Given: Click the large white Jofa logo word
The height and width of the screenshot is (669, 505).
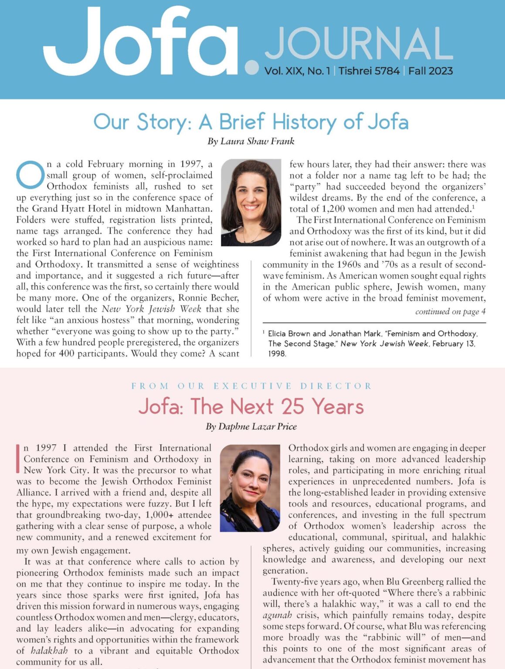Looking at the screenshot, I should click(x=139, y=44).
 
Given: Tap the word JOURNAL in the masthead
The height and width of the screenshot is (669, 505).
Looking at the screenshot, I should click(x=359, y=44).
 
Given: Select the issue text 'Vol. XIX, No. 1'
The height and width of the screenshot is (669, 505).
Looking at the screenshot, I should click(x=297, y=71).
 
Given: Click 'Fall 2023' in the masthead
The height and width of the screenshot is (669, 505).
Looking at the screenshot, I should click(x=430, y=71).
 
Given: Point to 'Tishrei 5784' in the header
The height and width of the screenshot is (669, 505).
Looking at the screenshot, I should click(x=369, y=71).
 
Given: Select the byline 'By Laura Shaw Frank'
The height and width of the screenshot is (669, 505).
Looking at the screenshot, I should click(x=251, y=141).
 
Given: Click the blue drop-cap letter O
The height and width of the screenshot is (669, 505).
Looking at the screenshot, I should click(x=30, y=175).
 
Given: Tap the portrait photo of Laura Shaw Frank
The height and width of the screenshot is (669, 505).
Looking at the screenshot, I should click(x=251, y=202).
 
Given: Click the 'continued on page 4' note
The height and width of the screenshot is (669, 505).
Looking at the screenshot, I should click(x=450, y=311).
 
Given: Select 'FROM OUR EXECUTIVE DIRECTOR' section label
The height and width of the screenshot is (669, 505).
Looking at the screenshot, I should click(x=251, y=386).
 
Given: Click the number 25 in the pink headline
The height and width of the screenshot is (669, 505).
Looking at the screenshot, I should click(x=292, y=407).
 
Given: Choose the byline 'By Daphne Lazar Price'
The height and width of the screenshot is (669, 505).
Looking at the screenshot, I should click(x=251, y=426).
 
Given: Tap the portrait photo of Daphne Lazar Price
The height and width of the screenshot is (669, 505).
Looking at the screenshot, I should click(x=250, y=488).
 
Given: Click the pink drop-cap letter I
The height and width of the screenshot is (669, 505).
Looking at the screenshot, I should click(x=18, y=459).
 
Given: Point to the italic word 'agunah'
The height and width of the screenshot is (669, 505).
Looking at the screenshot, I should click(x=277, y=615).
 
